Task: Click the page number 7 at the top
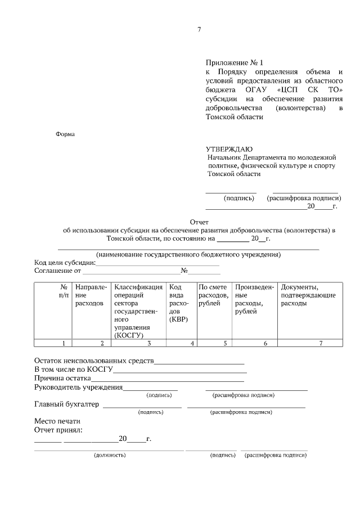[x=199, y=30]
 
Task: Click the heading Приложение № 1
[x=234, y=62]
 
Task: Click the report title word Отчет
[x=200, y=222]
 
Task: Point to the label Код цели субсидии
[x=64, y=263]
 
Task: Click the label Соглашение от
[x=58, y=271]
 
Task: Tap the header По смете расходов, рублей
[x=214, y=295]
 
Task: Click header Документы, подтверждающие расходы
[x=308, y=295]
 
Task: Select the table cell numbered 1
[x=64, y=343]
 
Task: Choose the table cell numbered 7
[x=321, y=343]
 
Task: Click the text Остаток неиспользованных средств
[x=93, y=361]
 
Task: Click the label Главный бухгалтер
[x=66, y=404]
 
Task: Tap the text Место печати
[x=57, y=421]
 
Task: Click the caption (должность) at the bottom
[x=110, y=455]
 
